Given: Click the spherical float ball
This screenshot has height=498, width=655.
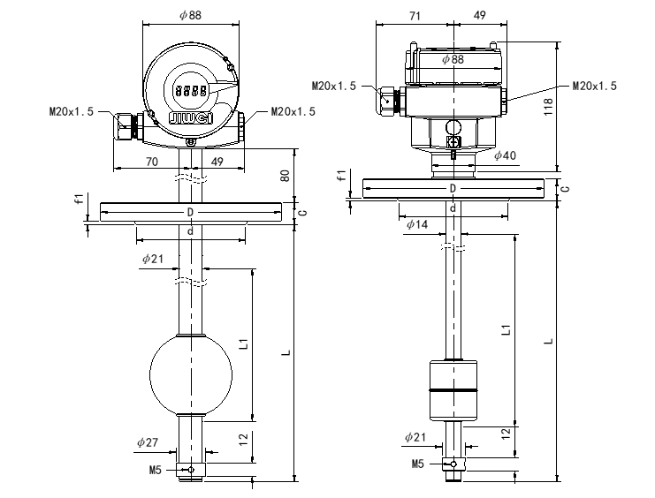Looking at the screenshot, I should (190, 375).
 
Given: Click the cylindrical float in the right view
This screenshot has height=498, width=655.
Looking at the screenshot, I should (453, 389).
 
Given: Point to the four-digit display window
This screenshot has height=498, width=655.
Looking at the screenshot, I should (191, 90).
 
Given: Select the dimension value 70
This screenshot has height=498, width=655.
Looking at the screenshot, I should (151, 162).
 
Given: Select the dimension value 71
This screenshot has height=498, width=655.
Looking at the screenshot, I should (415, 16).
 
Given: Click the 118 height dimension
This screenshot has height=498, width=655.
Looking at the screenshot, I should (548, 107).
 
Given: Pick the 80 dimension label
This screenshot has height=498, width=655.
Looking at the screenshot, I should (285, 175).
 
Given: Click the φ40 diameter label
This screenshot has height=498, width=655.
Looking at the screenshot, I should (506, 155).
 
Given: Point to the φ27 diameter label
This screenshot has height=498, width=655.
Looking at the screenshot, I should (148, 442).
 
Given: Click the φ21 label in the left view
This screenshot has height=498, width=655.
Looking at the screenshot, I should (152, 259).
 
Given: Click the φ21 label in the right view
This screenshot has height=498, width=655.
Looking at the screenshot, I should (415, 437).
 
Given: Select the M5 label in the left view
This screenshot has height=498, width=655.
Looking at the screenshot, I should (156, 471).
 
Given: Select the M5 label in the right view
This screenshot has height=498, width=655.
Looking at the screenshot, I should (419, 464).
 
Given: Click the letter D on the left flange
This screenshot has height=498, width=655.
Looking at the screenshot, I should (190, 213).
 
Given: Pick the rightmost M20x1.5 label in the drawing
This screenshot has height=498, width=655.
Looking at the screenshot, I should (594, 86).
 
